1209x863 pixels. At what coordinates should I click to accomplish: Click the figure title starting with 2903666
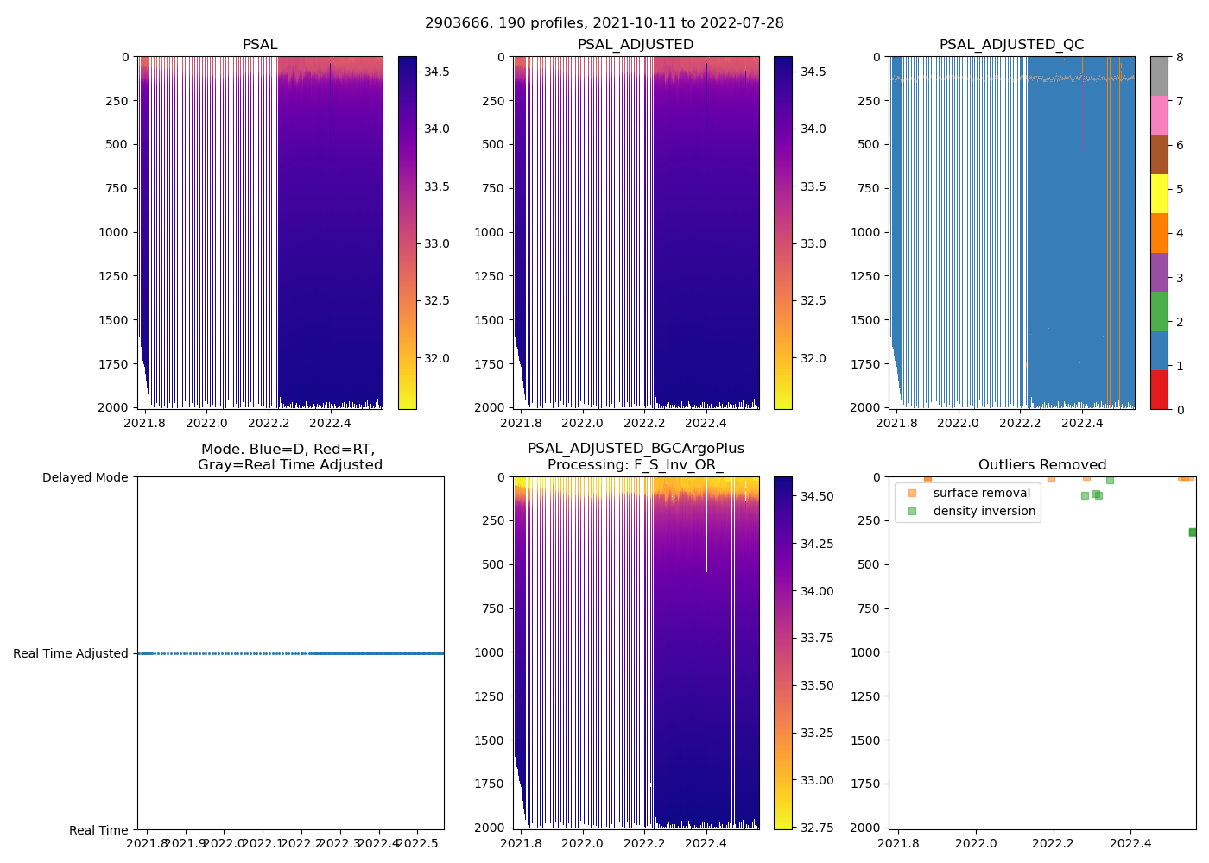pyautogui.click(x=604, y=23)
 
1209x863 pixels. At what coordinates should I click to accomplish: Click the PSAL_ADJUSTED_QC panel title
pyautogui.click(x=1011, y=45)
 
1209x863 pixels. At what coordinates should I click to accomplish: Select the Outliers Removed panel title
pyautogui.click(x=1041, y=465)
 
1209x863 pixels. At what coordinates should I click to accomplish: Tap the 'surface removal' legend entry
pyautogui.click(x=981, y=493)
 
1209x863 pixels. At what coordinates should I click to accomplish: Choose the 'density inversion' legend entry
pyautogui.click(x=984, y=511)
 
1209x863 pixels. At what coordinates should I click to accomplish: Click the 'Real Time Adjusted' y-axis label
pyautogui.click(x=71, y=654)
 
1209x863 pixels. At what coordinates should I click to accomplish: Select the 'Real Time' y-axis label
pyautogui.click(x=98, y=830)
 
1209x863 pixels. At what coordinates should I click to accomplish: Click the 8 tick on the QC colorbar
pyautogui.click(x=1180, y=58)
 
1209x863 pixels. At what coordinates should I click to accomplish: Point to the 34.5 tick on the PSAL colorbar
pyautogui.click(x=436, y=72)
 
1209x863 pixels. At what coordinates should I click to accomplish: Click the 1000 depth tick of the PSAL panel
pyautogui.click(x=112, y=232)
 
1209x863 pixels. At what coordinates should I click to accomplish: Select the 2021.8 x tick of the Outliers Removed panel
pyautogui.click(x=899, y=843)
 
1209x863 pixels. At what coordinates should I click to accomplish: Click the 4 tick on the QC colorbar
pyautogui.click(x=1180, y=234)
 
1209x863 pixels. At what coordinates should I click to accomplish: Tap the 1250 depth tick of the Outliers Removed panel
pyautogui.click(x=864, y=696)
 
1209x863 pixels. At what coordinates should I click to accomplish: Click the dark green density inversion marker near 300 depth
pyautogui.click(x=1193, y=532)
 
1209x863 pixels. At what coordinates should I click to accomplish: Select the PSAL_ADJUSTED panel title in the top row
pyautogui.click(x=635, y=45)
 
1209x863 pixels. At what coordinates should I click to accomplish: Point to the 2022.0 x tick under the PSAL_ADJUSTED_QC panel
pyautogui.click(x=958, y=423)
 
